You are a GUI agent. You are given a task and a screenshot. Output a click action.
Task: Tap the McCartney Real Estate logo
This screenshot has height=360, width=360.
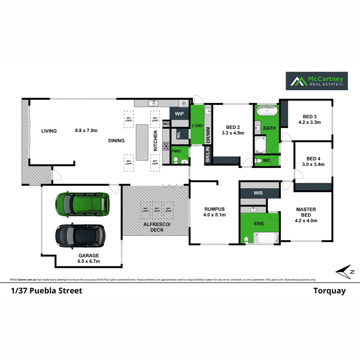(317, 81)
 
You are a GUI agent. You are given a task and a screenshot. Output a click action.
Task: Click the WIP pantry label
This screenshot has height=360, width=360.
(179, 114)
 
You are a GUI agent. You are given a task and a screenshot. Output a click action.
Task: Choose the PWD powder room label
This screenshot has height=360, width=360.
(176, 151)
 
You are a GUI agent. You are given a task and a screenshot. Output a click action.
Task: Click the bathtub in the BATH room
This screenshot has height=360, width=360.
(267, 111)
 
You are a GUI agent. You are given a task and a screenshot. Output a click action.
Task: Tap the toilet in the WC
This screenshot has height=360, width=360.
(258, 161)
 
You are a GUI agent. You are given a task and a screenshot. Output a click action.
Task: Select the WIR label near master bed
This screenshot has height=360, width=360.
(258, 193)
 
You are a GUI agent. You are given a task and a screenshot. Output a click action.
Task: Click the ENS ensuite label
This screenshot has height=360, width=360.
(259, 223)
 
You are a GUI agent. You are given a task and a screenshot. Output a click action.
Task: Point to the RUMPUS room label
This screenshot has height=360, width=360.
(215, 209)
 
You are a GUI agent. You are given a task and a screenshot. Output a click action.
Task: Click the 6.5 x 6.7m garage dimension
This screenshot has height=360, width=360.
(89, 261)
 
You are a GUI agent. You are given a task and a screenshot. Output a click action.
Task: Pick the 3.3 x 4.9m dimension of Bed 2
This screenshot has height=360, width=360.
(233, 133)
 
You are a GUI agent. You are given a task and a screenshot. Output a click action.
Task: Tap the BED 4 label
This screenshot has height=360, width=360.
(313, 159)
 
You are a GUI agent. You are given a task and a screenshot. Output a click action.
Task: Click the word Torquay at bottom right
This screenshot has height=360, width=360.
(329, 291)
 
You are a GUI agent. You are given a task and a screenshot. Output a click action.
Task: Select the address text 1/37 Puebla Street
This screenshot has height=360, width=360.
(46, 291)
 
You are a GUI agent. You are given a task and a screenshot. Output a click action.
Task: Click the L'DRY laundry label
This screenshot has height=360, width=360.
(197, 126)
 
